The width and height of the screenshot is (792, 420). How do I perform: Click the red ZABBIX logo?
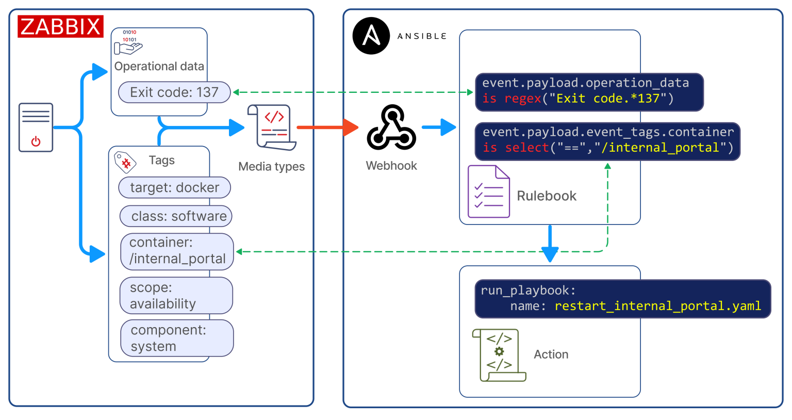point(60,26)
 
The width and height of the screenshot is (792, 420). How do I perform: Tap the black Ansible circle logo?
point(371,36)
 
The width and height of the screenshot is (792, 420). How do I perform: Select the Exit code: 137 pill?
point(174,92)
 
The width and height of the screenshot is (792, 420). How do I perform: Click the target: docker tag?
point(174,187)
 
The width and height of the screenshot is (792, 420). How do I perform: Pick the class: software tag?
point(176,216)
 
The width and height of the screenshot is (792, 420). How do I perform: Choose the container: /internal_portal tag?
point(177,251)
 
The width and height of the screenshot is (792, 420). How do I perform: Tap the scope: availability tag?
point(176,295)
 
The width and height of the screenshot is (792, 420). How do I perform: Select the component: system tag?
point(177,338)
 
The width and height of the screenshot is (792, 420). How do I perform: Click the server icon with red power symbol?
point(36,127)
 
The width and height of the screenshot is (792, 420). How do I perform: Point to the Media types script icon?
point(272,127)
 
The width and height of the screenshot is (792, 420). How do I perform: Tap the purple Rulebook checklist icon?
point(488,191)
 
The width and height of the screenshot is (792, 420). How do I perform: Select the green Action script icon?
point(498,355)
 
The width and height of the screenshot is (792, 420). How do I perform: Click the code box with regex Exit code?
point(589,92)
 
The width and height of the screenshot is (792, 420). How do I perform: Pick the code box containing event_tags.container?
point(607,141)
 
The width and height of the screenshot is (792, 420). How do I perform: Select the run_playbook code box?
point(622,299)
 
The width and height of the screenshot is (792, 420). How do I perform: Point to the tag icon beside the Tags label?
point(125,162)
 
